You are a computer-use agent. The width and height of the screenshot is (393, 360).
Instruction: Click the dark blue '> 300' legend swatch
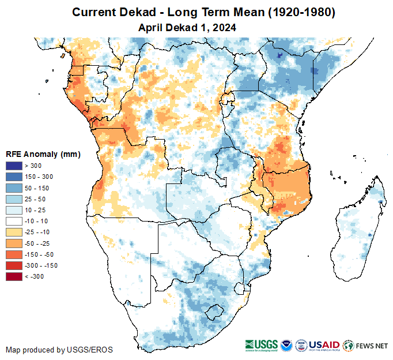click(x=14, y=166)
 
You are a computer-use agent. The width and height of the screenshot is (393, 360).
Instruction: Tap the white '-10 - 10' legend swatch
click(x=14, y=221)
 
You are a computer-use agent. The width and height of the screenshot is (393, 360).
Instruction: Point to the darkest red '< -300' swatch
click(x=14, y=276)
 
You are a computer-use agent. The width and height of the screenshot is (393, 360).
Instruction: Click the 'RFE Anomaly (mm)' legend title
click(x=43, y=155)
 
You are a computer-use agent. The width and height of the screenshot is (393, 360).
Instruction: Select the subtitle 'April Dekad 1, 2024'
click(x=188, y=27)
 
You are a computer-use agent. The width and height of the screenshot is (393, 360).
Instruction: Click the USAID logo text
click(x=325, y=344)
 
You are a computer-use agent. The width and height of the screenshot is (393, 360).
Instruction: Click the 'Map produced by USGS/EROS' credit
click(x=59, y=350)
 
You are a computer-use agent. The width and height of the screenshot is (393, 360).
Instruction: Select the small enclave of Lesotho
click(x=214, y=313)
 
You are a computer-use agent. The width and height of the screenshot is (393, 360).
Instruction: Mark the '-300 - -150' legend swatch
click(x=14, y=265)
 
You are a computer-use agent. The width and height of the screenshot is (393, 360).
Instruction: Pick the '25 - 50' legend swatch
click(x=14, y=199)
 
